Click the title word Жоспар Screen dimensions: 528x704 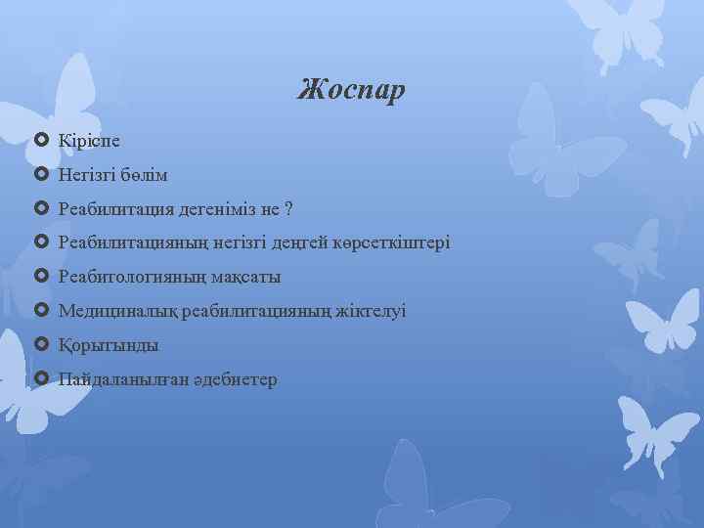[x=351, y=91]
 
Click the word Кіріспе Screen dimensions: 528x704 [x=89, y=141]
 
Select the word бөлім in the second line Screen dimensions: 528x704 [x=145, y=175]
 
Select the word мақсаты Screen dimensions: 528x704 [x=243, y=277]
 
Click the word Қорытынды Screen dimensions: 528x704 [x=109, y=345]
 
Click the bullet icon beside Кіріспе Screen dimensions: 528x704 [x=41, y=141]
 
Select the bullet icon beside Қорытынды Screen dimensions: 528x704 [x=41, y=344]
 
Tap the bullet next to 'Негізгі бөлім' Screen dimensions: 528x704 [x=41, y=175]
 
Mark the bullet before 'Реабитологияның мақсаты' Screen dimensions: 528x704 [x=41, y=277]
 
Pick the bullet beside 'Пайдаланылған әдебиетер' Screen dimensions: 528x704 [x=41, y=377]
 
